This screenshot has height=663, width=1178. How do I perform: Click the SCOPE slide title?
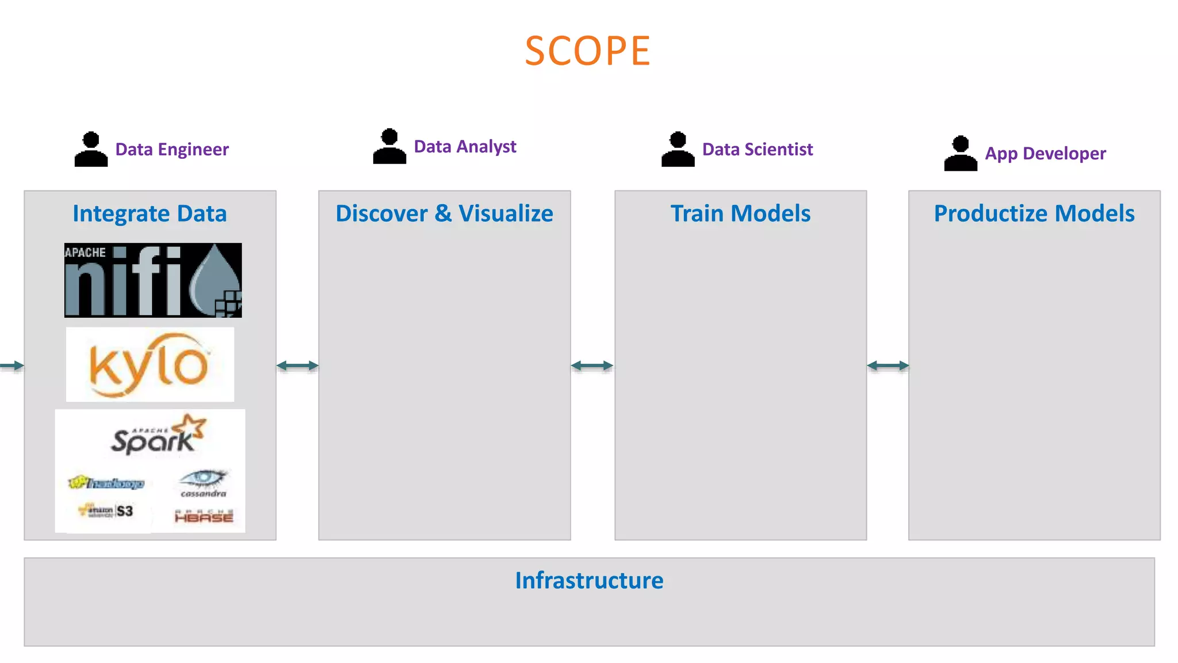(x=587, y=51)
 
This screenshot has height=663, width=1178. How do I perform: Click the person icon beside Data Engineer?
(x=91, y=150)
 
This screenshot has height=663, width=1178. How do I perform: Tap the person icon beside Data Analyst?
(x=389, y=147)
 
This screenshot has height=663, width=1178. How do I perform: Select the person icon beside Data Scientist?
(x=678, y=150)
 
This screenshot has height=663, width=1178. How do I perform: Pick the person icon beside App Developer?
(x=960, y=154)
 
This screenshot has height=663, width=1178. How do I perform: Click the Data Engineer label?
(x=172, y=150)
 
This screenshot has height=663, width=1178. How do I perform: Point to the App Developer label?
(x=1045, y=154)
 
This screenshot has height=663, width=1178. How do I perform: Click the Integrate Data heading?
(x=150, y=214)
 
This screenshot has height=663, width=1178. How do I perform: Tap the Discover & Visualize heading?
(x=444, y=214)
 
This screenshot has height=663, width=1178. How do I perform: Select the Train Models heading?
(x=740, y=214)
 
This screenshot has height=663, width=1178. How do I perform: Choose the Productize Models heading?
(x=1034, y=214)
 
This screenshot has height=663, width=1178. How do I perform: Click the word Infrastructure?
(x=589, y=580)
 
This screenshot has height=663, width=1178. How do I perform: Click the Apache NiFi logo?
(x=153, y=280)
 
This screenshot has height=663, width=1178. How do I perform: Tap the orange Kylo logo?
(x=150, y=365)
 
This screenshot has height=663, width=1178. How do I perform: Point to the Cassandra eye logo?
(x=203, y=482)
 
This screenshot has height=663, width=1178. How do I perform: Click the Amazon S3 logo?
(x=107, y=510)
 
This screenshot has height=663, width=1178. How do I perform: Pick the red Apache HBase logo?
(x=204, y=516)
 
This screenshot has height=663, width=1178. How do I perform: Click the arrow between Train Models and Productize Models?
(x=888, y=365)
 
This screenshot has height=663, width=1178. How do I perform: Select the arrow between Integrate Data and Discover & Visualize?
(x=297, y=365)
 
